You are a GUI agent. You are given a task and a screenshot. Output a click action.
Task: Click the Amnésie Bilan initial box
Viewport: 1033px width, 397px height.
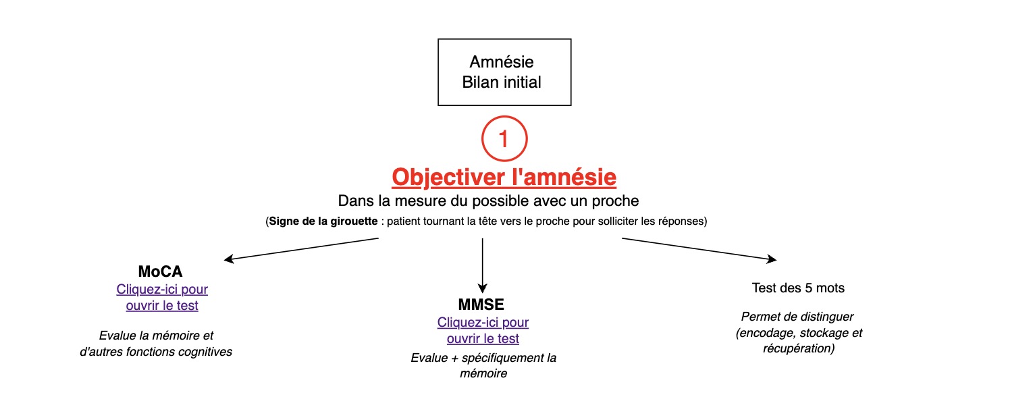(504, 72)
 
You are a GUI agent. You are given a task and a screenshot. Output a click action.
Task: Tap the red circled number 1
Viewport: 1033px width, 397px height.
(504, 138)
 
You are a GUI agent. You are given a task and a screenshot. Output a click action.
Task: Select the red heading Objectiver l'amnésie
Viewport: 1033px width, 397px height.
(504, 178)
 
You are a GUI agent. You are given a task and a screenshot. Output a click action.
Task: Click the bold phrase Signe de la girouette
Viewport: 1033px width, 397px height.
(323, 221)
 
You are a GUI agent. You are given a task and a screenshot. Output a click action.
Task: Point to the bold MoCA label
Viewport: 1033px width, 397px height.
(160, 271)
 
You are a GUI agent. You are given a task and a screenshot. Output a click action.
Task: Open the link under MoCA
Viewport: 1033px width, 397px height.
(162, 297)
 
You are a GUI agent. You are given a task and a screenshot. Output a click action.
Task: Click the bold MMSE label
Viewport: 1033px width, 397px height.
(481, 305)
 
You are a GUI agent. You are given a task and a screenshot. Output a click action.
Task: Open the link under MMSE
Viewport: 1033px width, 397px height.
(483, 331)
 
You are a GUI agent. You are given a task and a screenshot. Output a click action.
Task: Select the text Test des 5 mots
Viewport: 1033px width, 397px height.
(798, 288)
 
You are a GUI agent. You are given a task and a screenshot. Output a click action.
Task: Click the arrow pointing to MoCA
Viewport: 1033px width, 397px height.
(301, 249)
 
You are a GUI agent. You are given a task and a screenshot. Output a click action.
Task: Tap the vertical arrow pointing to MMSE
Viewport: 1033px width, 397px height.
(482, 265)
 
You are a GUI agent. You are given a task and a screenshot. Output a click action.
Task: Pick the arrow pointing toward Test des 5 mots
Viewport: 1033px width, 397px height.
(699, 249)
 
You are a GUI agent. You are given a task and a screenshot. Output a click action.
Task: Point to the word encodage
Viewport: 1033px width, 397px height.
(766, 333)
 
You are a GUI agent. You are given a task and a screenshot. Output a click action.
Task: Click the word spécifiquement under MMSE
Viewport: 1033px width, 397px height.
(502, 359)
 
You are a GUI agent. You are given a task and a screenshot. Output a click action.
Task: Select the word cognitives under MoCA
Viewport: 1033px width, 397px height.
(205, 352)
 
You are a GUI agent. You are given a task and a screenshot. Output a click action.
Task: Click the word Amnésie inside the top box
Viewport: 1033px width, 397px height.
(501, 62)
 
